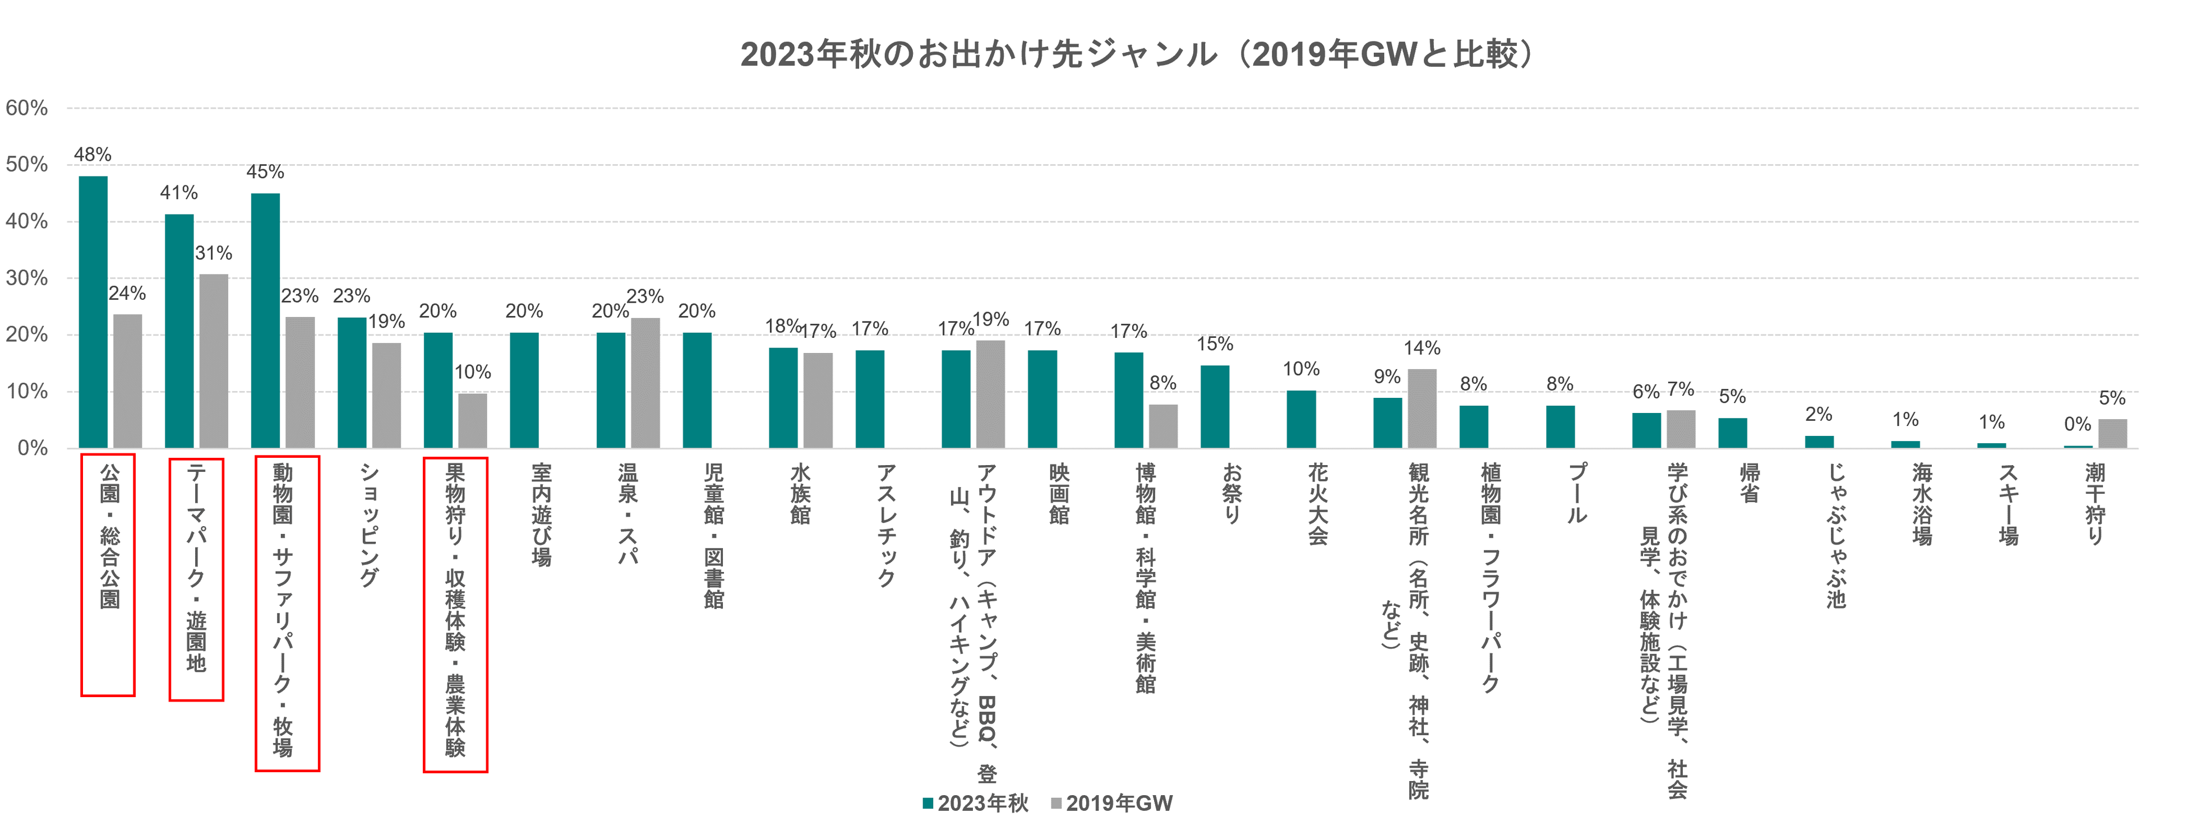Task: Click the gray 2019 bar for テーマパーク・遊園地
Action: click(213, 361)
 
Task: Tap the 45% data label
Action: click(265, 172)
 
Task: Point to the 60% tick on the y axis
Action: click(26, 108)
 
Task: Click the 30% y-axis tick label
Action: click(26, 279)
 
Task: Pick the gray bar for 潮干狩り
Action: click(2112, 434)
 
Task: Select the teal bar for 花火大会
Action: click(1300, 419)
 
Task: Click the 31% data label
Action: click(213, 253)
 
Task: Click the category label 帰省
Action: click(1750, 483)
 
